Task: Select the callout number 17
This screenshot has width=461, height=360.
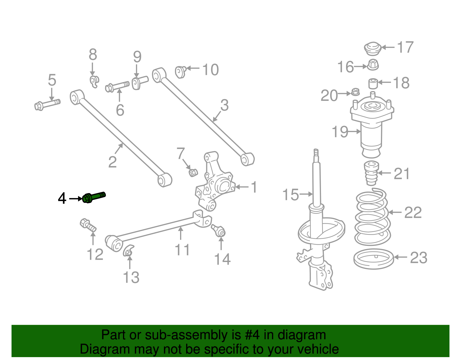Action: tap(405, 47)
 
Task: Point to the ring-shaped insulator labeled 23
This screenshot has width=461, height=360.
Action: tap(373, 259)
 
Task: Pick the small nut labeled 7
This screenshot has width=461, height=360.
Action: tap(193, 172)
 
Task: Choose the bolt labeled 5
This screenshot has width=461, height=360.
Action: tap(47, 104)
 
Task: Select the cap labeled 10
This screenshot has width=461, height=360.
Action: tap(180, 71)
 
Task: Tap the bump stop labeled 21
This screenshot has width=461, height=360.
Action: tap(371, 174)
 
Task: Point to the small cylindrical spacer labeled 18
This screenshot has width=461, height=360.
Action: tap(373, 83)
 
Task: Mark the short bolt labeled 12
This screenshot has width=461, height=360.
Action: tap(88, 225)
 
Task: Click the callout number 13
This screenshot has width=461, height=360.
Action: tap(131, 277)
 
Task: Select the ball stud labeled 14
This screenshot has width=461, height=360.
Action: tap(219, 230)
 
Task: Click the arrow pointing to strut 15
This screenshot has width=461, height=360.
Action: tap(306, 194)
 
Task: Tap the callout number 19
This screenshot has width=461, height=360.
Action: tap(340, 132)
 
